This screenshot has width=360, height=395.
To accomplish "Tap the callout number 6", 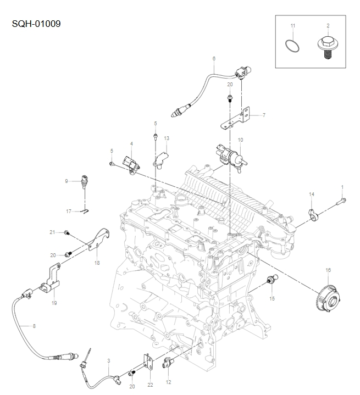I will pos(214,58).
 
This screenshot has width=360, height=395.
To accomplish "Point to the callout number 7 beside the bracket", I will pos(264,115).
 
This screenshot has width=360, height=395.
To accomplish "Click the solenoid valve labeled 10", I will pos(228,153).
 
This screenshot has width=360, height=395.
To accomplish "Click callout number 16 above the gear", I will pos(328,270).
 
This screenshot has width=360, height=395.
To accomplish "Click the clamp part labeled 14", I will pos(312,213).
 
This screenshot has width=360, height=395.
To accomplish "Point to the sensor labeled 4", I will pos(131,163).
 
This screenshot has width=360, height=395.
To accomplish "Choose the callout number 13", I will pos(167,138).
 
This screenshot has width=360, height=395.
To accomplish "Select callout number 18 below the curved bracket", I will pos(97,263).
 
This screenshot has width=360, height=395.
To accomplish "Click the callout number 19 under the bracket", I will pos(54,303).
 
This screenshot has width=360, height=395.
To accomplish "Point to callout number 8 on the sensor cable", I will pos(34,326).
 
